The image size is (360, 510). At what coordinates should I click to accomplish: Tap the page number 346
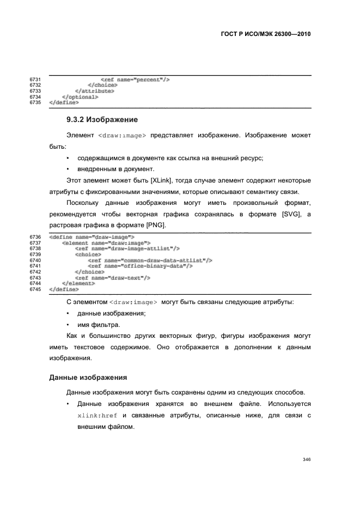pos(306,459)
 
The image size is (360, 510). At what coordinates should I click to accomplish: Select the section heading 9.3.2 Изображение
pos(101,119)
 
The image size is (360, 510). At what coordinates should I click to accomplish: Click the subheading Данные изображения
pos(88,376)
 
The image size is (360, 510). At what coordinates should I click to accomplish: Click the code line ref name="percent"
pos(135,80)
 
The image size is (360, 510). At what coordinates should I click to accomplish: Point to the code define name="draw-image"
pos(91,237)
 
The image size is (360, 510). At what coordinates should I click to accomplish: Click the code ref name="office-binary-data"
pos(140,266)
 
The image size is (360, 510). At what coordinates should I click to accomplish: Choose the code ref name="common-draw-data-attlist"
pos(149,260)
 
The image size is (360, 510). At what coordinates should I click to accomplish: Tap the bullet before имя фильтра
pos(67,325)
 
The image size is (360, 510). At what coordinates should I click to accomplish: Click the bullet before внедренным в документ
pos(67,169)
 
